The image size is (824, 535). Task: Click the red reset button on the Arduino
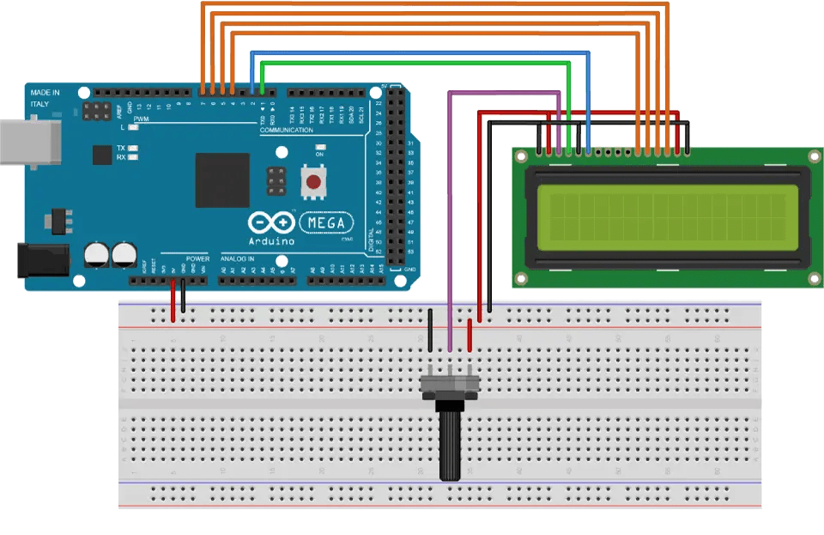tap(315, 181)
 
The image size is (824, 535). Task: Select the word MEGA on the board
tap(327, 223)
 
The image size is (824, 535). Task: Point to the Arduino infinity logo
tap(271, 223)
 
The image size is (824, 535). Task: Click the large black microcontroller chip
tap(222, 180)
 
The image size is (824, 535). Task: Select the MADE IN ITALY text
tap(45, 97)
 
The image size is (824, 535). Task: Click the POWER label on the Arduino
tap(197, 258)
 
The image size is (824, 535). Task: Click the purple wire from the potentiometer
tap(449, 215)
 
